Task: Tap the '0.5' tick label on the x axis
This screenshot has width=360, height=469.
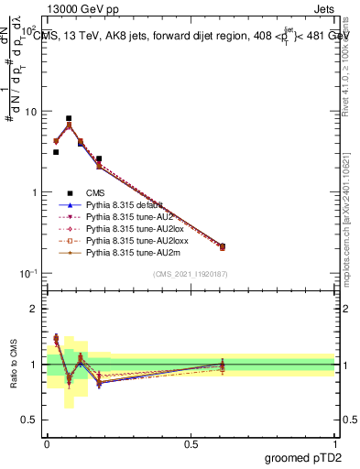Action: point(191,444)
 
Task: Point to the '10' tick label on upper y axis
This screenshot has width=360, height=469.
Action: point(30,111)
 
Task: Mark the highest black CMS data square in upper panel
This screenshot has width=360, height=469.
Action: point(69,118)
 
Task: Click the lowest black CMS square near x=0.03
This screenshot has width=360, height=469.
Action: point(56,152)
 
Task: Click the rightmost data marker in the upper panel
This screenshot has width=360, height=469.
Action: point(222,246)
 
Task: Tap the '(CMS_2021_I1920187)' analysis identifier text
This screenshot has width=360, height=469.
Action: point(190,274)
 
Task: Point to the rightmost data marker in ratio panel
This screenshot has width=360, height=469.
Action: point(222,365)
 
